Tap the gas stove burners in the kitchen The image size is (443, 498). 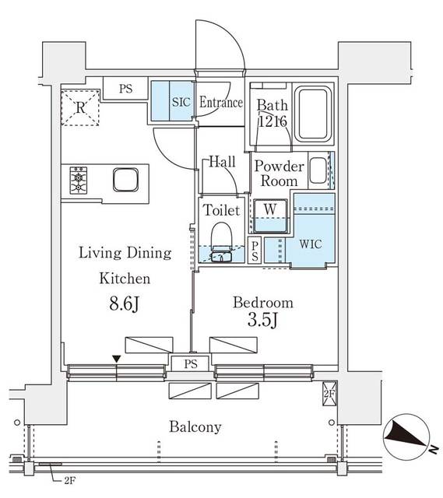pyautogui.click(x=80, y=181)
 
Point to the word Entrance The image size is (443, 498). pyautogui.click(x=221, y=103)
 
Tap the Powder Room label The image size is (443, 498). pyautogui.click(x=276, y=174)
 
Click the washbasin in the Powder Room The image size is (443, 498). pyautogui.click(x=318, y=170)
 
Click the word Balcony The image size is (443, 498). pyautogui.click(x=197, y=426)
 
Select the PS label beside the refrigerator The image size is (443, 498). pyautogui.click(x=125, y=89)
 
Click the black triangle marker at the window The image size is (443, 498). pyautogui.click(x=116, y=358)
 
